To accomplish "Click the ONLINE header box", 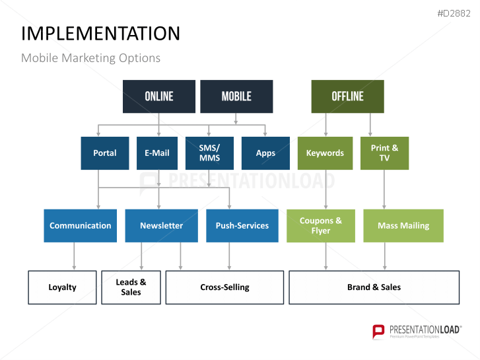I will click(159, 96).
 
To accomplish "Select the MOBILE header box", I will click(236, 96).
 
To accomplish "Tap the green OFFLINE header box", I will click(347, 96).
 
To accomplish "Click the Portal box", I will click(104, 153).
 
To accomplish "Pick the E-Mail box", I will click(157, 153).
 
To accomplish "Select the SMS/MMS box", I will click(209, 153).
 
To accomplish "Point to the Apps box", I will click(265, 153).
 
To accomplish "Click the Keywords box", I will click(325, 153).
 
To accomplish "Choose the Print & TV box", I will click(384, 153).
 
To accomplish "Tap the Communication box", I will click(81, 226).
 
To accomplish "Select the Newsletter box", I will click(161, 226).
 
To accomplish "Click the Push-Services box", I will click(242, 226).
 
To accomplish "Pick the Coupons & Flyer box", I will click(321, 226).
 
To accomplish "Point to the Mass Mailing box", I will click(403, 226).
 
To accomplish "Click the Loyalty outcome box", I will click(62, 287).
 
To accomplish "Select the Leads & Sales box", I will click(131, 287).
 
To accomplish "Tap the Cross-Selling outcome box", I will click(224, 287).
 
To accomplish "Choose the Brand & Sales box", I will click(374, 287).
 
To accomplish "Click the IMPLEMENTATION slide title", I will click(100, 34).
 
